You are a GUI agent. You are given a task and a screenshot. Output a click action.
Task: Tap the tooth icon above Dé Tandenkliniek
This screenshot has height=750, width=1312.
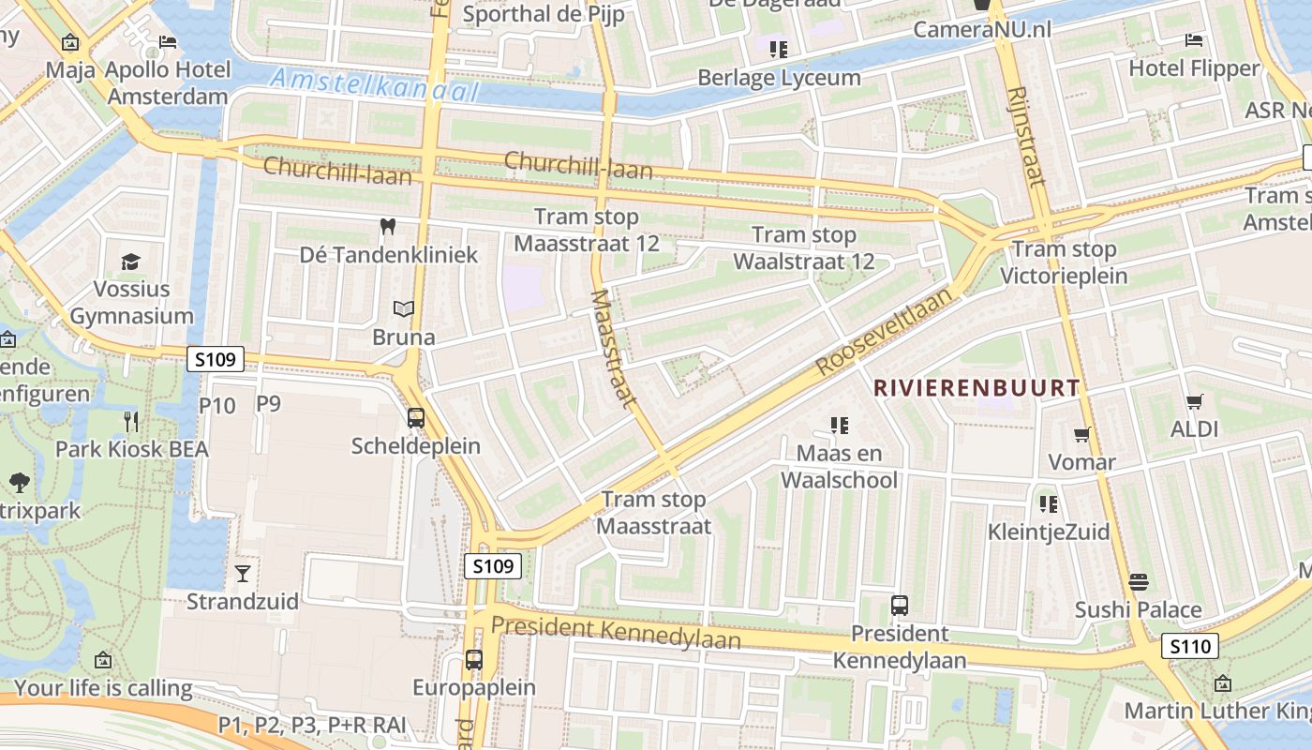[387, 226]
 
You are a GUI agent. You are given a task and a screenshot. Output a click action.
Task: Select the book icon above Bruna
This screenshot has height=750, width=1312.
[403, 308]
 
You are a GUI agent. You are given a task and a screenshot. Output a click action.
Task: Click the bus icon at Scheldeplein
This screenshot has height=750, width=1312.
[416, 418]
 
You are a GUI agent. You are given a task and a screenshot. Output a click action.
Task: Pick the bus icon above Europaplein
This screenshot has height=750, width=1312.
[474, 659]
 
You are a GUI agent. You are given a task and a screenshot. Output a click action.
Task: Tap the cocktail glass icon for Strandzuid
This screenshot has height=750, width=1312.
[243, 573]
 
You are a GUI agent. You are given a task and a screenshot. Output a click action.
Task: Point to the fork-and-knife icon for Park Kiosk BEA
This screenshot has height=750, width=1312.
[131, 421]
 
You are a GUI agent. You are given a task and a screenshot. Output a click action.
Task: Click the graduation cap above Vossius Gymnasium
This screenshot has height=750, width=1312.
[130, 261]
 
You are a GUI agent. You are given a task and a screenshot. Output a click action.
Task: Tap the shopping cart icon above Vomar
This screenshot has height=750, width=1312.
[1081, 434]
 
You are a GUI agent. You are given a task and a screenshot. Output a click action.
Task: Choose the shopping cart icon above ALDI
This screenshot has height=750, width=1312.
[1194, 401]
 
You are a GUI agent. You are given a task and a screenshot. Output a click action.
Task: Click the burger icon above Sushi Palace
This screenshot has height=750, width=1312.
[1138, 582]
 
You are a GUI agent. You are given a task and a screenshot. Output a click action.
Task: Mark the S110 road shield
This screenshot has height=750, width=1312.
[1190, 645]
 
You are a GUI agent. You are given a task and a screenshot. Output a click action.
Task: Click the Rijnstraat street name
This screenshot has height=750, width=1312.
[1027, 136]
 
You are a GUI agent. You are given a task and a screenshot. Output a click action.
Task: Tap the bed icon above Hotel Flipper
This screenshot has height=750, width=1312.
[1194, 40]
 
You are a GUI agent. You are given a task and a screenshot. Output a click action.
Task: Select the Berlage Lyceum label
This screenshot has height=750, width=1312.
[779, 77]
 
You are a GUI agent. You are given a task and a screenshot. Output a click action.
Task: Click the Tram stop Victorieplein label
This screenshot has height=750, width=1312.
[1064, 262]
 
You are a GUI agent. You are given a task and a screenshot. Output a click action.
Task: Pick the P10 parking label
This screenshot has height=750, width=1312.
[217, 405]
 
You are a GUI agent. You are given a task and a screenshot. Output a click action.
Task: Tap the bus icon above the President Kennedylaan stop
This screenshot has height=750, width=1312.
[900, 606]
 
